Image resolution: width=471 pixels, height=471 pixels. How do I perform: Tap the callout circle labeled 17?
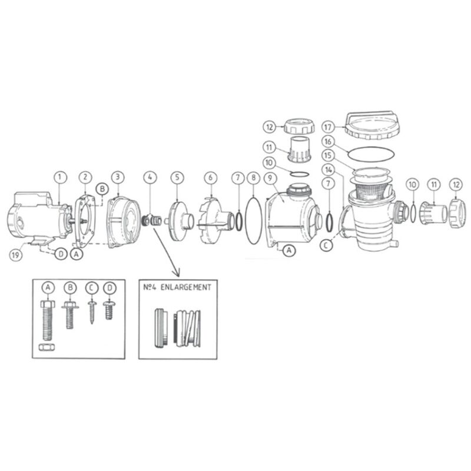click(x=329, y=127)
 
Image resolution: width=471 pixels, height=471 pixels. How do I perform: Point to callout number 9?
click(x=269, y=177)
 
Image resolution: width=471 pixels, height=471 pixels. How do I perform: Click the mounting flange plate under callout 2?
click(x=84, y=221)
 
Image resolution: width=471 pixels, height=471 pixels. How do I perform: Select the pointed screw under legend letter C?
click(x=91, y=311)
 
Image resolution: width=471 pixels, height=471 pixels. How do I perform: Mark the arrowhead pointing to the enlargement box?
click(x=175, y=272)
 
